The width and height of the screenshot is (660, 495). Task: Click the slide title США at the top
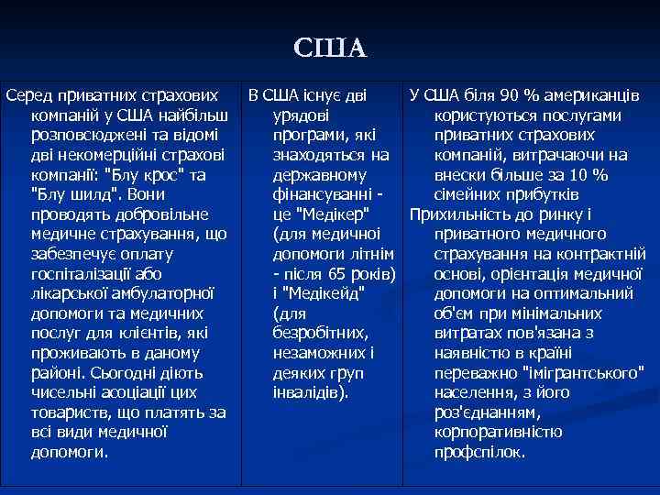click(330, 47)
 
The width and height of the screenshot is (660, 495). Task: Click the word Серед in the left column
click(27, 95)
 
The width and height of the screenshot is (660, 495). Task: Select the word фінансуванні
click(322, 195)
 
